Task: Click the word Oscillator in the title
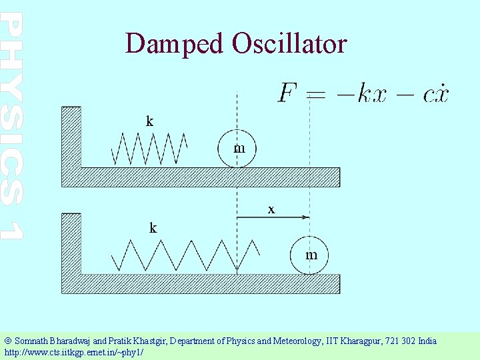[x=289, y=44]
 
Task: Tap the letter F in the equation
[x=287, y=93]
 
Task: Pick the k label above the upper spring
[x=150, y=121]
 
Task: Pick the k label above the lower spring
[x=153, y=228]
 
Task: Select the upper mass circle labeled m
[x=237, y=147]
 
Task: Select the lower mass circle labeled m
[x=309, y=255]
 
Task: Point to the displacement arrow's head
[x=306, y=217]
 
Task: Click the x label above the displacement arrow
[x=271, y=209]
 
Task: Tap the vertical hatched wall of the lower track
[x=71, y=243]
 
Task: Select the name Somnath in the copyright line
[x=30, y=341]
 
